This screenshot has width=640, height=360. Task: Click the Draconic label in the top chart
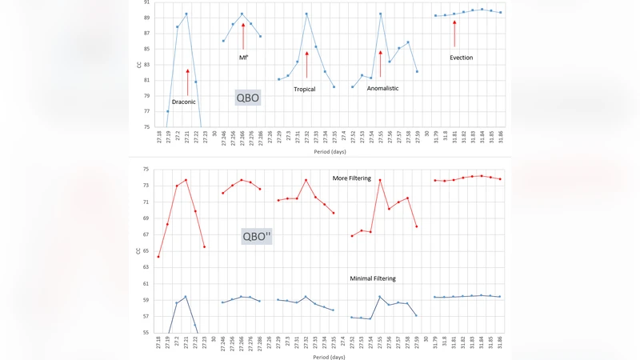(x=184, y=102)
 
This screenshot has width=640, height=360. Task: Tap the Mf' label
(x=243, y=58)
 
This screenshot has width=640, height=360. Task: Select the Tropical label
(x=304, y=89)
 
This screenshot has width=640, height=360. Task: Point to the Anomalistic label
(x=382, y=88)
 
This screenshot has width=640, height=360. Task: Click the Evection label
(x=461, y=58)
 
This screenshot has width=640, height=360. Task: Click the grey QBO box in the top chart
(x=247, y=98)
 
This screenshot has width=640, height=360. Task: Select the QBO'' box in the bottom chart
(x=258, y=236)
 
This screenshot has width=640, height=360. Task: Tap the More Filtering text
(x=352, y=178)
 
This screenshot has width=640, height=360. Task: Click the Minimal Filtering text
(x=373, y=278)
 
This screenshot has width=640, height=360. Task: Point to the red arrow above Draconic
(x=187, y=82)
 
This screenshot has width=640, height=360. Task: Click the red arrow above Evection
(x=454, y=34)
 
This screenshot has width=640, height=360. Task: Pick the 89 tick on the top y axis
(x=146, y=18)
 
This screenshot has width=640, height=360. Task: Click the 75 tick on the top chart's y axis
(x=146, y=126)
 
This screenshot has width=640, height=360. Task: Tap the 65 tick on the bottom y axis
(x=146, y=250)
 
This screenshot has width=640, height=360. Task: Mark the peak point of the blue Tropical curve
(x=306, y=14)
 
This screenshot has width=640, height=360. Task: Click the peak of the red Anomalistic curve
(x=380, y=180)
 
